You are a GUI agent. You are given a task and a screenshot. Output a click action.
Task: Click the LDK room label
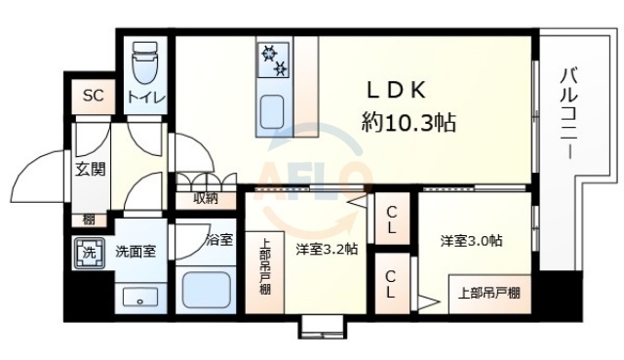[x=396, y=91]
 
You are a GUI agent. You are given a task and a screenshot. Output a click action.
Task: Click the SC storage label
[x=93, y=95]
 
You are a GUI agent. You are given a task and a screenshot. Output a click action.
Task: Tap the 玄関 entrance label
[x=91, y=169]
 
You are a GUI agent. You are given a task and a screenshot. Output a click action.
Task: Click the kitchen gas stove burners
[x=273, y=60]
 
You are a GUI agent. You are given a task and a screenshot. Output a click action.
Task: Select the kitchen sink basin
[x=270, y=106]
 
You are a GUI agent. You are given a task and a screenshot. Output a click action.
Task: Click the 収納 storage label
[x=205, y=199]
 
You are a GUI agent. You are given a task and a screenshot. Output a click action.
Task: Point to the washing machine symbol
[x=87, y=252]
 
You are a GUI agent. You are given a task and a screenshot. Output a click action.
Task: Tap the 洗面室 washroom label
[x=135, y=252]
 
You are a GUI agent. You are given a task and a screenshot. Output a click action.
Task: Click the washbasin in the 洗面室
[x=135, y=296]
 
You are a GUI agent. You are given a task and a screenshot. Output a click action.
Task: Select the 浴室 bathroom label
[x=219, y=239]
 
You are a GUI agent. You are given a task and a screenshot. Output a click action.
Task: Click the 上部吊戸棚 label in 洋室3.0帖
[x=489, y=292]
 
